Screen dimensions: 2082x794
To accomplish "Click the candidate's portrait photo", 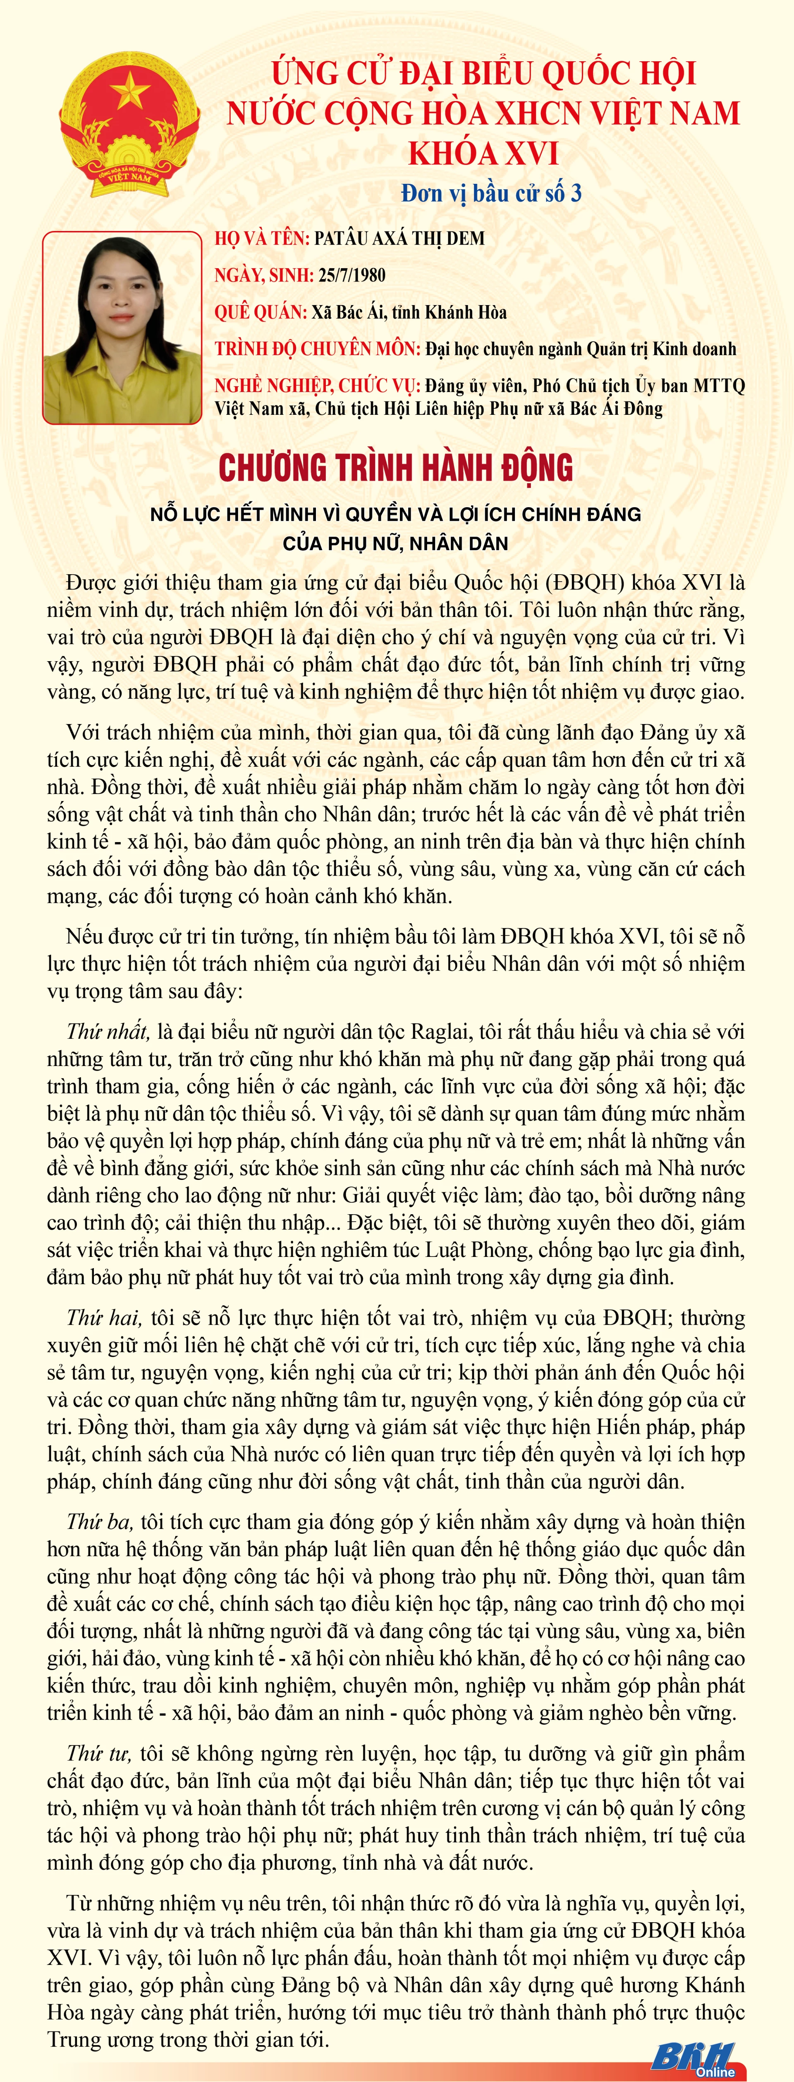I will point(122,327).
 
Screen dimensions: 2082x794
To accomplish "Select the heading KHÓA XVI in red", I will point(483,153).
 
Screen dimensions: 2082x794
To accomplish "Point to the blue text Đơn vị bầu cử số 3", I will point(491,193).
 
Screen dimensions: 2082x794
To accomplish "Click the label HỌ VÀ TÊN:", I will point(262,238).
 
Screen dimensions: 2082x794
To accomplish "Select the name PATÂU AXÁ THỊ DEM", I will point(399,238).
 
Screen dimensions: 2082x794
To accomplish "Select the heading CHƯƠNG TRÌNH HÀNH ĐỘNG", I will point(396,468).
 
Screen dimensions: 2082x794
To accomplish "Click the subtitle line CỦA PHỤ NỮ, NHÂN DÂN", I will point(396,543).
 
